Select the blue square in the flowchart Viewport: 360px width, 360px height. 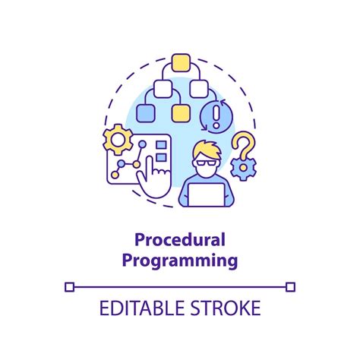(145, 114)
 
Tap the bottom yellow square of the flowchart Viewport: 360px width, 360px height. (180, 114)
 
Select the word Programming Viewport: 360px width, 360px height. (180, 261)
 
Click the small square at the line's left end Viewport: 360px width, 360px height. (69, 286)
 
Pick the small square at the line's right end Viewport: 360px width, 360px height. (291, 286)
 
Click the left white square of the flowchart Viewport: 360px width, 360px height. (163, 88)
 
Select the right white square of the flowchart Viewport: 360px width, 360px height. (198, 88)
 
